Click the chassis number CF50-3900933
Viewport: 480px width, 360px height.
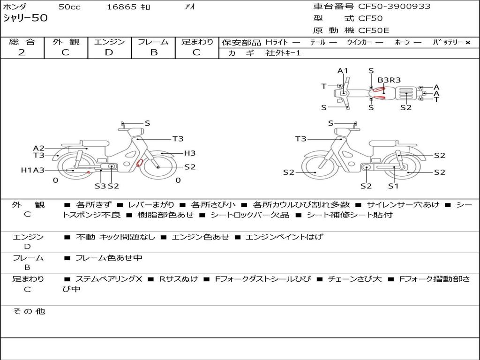[x=394, y=7]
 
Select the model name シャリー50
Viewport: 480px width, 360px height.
[x=25, y=18]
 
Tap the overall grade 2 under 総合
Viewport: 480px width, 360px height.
[x=22, y=52]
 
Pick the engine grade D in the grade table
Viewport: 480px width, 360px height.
[x=109, y=52]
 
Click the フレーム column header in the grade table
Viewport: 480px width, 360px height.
[x=153, y=42]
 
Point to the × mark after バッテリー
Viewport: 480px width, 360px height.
[x=468, y=43]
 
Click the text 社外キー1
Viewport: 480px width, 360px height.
[x=283, y=53]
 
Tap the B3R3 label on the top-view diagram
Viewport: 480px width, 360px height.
[x=389, y=80]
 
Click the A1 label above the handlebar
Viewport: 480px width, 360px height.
[x=343, y=71]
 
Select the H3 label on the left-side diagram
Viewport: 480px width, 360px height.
[x=189, y=153]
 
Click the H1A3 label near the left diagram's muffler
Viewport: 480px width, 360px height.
[x=32, y=170]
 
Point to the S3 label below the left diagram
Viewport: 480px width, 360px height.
[x=100, y=186]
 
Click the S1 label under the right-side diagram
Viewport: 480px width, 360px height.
[x=393, y=186]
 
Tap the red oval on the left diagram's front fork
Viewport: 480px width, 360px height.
[x=140, y=163]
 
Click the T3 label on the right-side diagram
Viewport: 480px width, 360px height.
[x=300, y=139]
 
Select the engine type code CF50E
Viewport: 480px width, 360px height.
[x=374, y=30]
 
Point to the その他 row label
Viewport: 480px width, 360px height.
[x=29, y=311]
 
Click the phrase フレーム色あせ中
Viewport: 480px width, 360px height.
[x=109, y=258]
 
